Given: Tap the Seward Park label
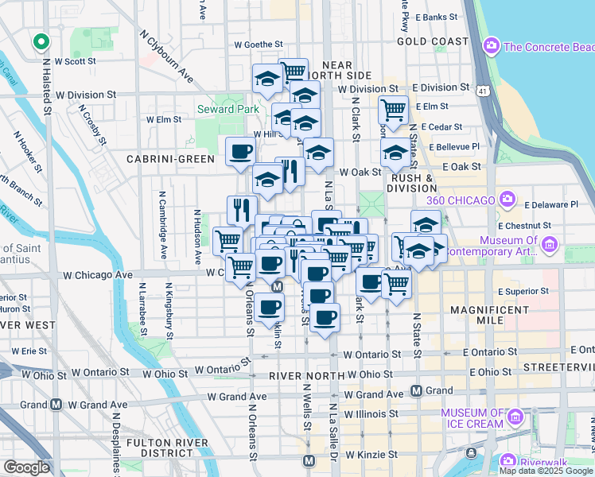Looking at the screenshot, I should [228, 109].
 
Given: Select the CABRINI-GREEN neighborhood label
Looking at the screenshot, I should [171, 159].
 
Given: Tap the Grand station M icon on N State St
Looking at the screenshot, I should [416, 390].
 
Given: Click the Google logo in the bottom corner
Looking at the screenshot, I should [26, 467].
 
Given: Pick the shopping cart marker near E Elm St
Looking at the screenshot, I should [393, 110].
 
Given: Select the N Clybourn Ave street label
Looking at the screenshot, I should [166, 56].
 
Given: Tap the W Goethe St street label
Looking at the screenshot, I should [259, 45].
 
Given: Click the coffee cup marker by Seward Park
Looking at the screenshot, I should [240, 152].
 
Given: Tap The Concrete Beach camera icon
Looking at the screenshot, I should [491, 46].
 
